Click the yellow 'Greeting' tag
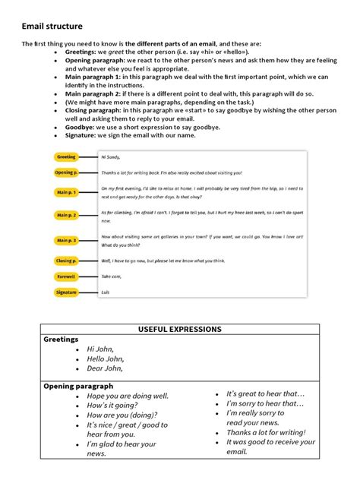[67, 157]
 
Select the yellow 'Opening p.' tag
[66, 172]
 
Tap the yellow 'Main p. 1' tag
[66, 192]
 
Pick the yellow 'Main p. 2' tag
[66, 216]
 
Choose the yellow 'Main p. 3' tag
[66, 241]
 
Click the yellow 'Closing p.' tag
[66, 261]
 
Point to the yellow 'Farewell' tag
[66, 276]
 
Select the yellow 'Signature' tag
[66, 292]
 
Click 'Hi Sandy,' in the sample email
[112, 157]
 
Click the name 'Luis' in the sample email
[106, 292]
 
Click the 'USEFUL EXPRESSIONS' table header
[179, 329]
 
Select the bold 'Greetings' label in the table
[61, 339]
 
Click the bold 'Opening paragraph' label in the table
[78, 386]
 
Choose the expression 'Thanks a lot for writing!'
[269, 432]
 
